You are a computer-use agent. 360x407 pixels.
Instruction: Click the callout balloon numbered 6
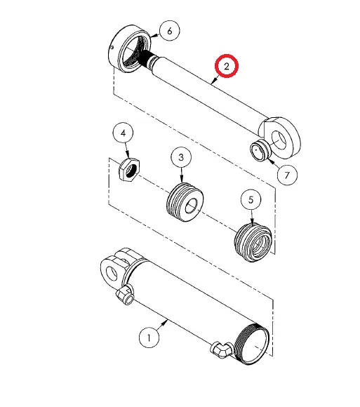coord(170,31)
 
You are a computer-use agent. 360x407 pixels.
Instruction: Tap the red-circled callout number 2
coord(227,66)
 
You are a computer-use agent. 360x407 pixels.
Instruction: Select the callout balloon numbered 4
coord(123,133)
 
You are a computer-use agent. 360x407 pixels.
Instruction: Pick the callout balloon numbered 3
coord(181,157)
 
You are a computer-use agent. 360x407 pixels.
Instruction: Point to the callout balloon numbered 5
coord(251,199)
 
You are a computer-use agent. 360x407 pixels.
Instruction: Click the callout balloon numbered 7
coord(287,175)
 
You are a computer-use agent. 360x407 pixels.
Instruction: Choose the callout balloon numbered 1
coord(149,338)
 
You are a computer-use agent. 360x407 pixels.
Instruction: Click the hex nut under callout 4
coord(129,170)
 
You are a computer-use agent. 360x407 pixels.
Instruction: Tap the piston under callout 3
coord(185,202)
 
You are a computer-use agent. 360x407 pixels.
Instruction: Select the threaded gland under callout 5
coord(253,242)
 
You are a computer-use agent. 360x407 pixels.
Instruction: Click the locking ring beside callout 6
coord(129,49)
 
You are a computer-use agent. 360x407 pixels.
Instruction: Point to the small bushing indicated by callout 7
coord(260,150)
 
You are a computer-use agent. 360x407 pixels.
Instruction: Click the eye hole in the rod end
coord(279,140)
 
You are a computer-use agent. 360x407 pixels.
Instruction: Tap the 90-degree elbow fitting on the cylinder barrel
coord(221,349)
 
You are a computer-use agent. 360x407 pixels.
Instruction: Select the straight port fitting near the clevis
coord(125,295)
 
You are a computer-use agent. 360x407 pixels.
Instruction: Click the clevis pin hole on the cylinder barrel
coord(112,274)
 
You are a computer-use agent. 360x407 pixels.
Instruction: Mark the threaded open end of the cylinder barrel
coord(252,344)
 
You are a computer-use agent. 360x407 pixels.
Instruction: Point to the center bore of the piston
coord(191,206)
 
